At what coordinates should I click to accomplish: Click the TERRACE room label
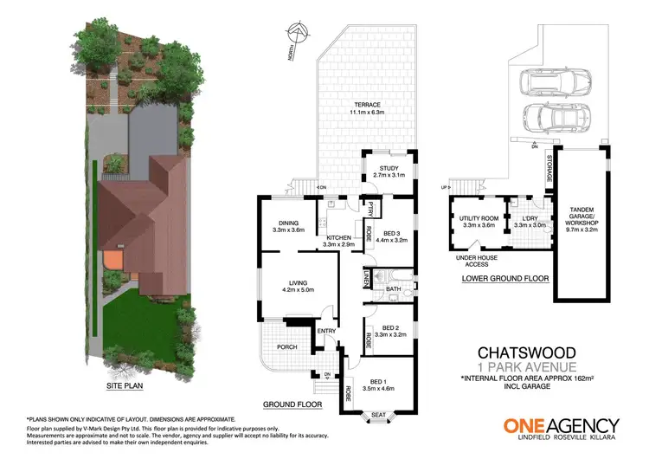tap(365, 105)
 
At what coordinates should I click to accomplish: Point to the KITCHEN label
tap(338, 238)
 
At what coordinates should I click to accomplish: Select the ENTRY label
tap(326, 330)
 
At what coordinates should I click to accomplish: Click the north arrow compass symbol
tap(299, 36)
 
